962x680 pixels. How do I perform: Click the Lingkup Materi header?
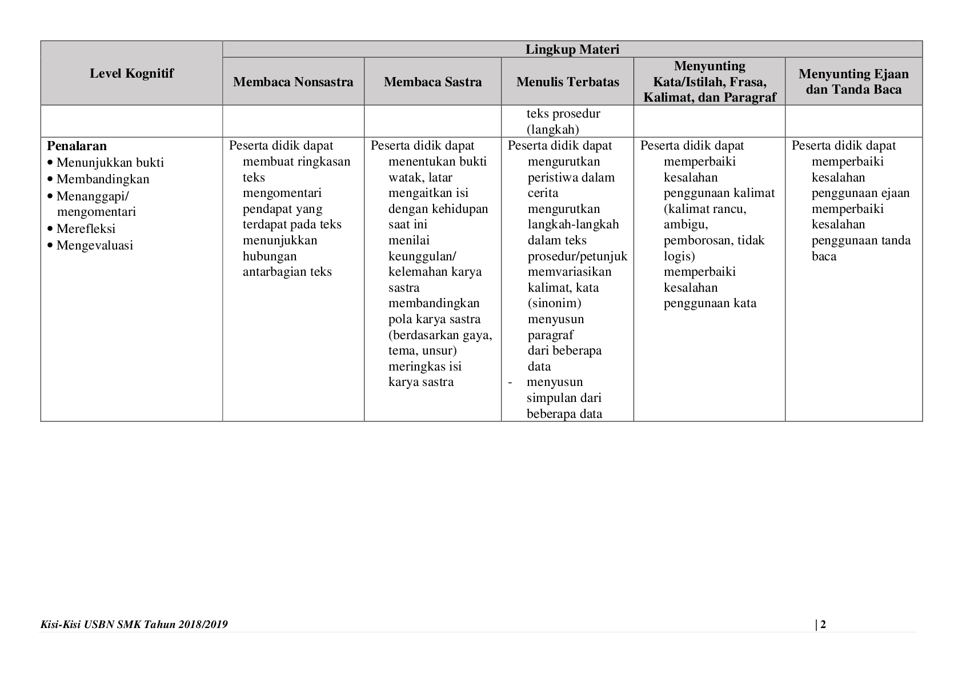pos(572,50)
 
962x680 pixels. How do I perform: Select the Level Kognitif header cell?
pos(131,73)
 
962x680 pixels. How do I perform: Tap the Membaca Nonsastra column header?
pos(293,82)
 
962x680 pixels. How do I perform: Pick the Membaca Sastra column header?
pos(432,82)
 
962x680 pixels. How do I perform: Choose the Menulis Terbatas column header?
pos(567,82)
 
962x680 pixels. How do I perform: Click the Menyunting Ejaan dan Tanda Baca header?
pos(853,81)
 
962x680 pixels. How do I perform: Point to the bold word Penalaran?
pos(77,146)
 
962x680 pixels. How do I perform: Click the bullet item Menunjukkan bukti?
pos(110,163)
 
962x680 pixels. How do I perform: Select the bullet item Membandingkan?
pos(103,179)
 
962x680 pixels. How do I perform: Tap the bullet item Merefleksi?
pos(86,229)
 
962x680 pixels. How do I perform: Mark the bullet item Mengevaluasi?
pos(94,246)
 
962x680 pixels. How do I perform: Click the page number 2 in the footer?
pos(823,624)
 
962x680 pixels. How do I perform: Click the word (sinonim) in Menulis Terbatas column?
pos(554,303)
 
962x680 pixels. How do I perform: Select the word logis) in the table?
pos(679,256)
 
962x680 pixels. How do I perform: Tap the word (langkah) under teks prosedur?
pos(552,129)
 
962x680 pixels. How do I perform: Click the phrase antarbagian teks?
pos(287,272)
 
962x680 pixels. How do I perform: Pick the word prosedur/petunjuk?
pos(577,256)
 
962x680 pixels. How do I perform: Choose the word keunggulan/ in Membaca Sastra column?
pos(422,256)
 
